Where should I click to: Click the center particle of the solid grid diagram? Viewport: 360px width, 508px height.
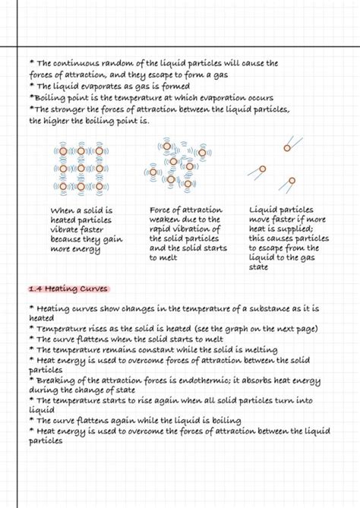click(x=80, y=168)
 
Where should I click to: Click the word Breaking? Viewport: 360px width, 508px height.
click(x=55, y=380)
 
